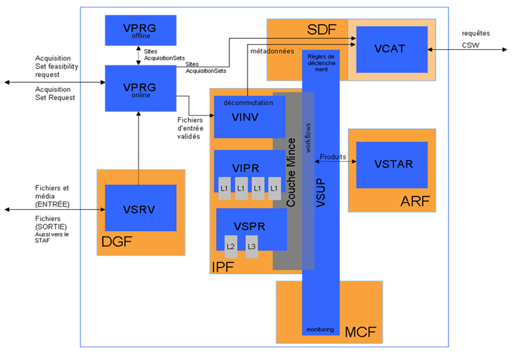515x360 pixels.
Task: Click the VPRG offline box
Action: click(140, 30)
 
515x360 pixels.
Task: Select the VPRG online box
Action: click(140, 87)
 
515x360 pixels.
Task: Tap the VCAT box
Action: click(391, 49)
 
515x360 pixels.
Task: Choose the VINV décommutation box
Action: click(249, 117)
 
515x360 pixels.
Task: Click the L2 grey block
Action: click(230, 246)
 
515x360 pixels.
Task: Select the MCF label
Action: click(360, 332)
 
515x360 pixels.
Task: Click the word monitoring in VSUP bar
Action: click(320, 330)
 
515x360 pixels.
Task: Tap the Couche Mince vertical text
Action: click(291, 172)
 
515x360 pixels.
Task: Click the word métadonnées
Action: click(272, 51)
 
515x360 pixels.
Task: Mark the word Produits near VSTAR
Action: click(333, 157)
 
